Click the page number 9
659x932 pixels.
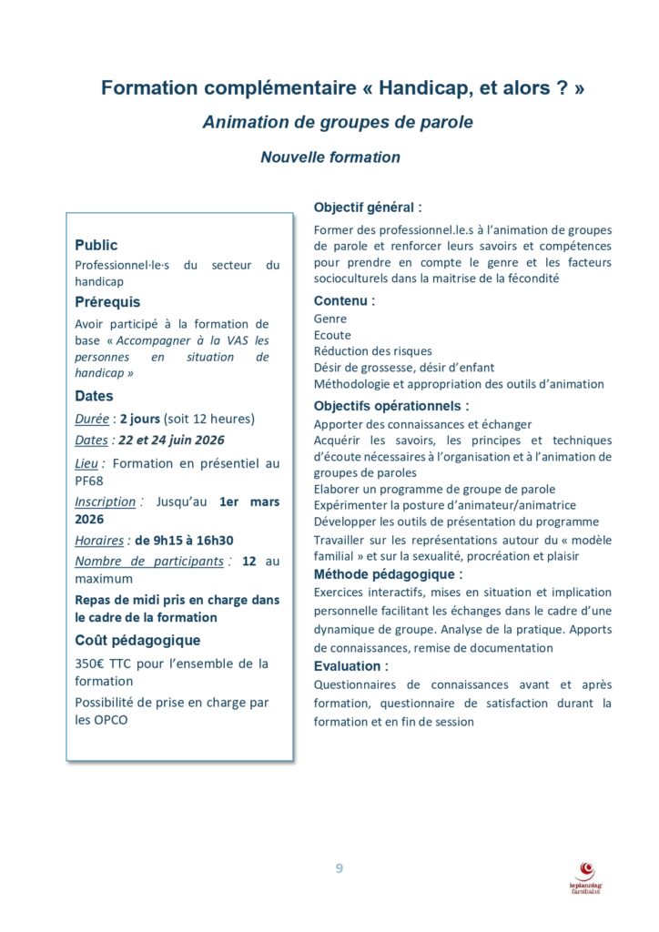click(x=339, y=868)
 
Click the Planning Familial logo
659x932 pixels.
click(x=586, y=876)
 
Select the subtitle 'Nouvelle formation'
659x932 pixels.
click(x=329, y=157)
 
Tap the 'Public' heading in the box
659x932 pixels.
click(x=96, y=245)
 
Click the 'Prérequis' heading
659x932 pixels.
click(x=107, y=301)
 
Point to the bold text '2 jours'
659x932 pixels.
click(x=140, y=419)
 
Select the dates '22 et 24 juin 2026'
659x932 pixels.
click(x=171, y=440)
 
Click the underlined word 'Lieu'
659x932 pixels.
click(x=87, y=463)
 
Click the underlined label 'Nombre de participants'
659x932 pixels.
click(x=149, y=561)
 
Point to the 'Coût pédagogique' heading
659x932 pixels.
click(x=137, y=640)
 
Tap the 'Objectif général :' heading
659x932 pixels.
click(x=368, y=207)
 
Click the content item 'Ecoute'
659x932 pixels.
click(x=332, y=335)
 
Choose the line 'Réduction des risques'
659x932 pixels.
click(x=372, y=350)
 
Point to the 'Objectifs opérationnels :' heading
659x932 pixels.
click(x=391, y=406)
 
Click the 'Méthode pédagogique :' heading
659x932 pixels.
click(x=388, y=574)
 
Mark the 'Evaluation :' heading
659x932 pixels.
click(x=350, y=666)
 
